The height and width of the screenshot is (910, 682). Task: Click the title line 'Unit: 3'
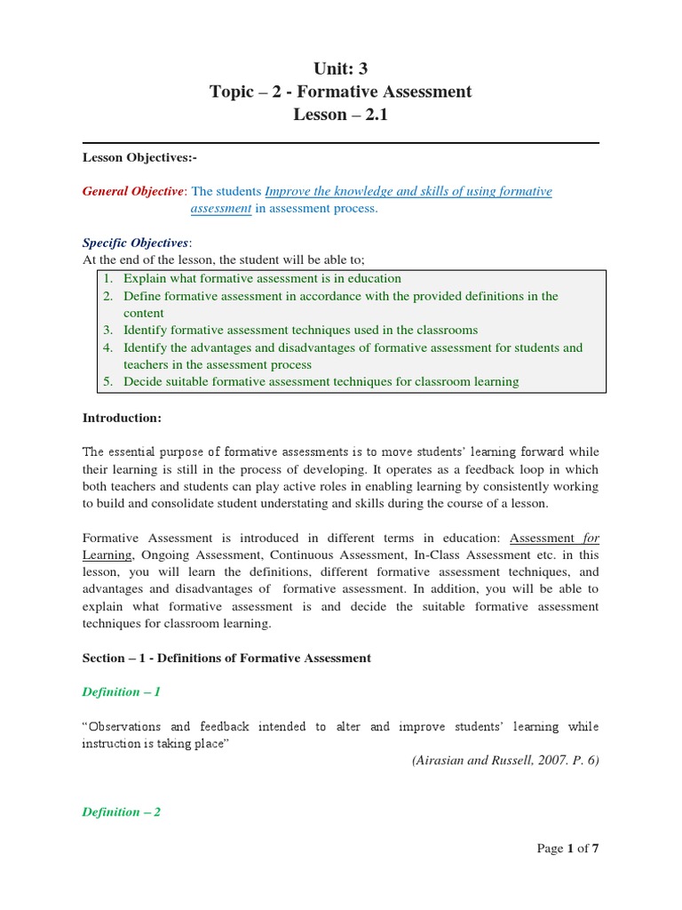tap(340, 68)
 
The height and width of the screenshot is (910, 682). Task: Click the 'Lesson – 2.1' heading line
tap(340, 116)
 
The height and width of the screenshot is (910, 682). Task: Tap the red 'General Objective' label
tap(133, 191)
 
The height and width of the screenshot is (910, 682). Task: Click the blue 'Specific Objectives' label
tap(136, 243)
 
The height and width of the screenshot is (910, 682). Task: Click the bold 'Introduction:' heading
tap(123, 417)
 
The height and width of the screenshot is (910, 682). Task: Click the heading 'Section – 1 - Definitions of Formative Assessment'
tap(226, 658)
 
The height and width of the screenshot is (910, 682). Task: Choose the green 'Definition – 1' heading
tap(122, 691)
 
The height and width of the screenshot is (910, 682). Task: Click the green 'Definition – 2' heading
tap(122, 811)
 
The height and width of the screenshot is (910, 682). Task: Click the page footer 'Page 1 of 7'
tap(568, 849)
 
